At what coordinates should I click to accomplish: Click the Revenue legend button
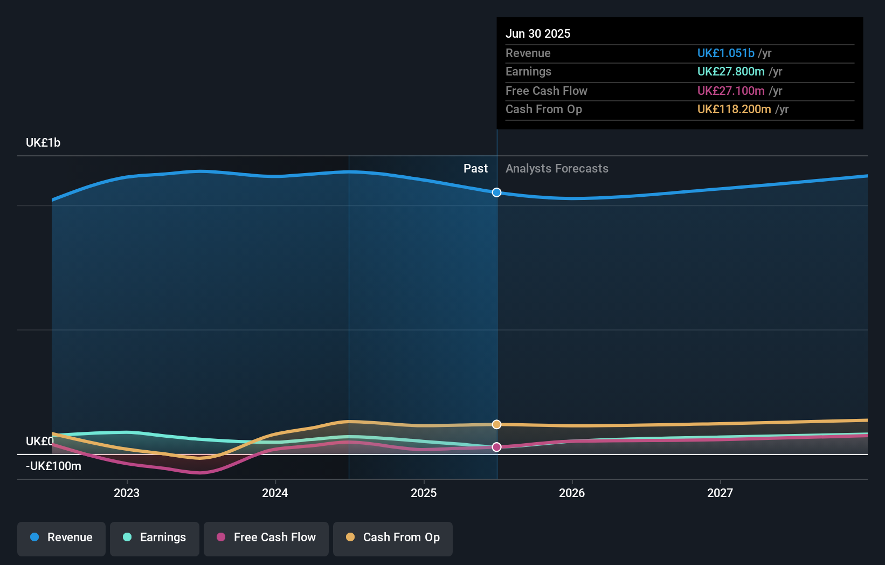tap(61, 538)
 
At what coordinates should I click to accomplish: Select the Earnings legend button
tap(155, 538)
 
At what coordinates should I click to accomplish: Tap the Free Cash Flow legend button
tap(266, 538)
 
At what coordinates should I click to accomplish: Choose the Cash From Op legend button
tap(393, 538)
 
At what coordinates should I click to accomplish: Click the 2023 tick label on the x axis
tap(127, 493)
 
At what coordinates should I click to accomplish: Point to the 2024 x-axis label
tap(275, 493)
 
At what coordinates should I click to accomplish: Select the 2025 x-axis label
tap(424, 493)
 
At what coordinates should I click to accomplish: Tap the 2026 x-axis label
tap(572, 493)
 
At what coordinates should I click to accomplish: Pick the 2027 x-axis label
tap(720, 493)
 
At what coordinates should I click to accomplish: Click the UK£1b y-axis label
tap(43, 143)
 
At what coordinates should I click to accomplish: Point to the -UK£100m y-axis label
tap(53, 466)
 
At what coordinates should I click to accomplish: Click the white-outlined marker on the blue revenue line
tap(497, 192)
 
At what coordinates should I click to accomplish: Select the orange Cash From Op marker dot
tap(497, 424)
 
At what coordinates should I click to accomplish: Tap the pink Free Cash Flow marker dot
tap(497, 447)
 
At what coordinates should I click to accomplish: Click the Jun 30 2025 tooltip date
tap(538, 34)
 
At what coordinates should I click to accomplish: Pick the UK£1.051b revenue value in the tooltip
tap(725, 53)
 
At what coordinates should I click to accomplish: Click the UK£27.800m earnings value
tap(731, 72)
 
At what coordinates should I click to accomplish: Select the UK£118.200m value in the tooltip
tap(734, 109)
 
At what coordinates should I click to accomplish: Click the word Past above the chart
tap(475, 169)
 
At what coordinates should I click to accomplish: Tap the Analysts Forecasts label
tap(557, 169)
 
